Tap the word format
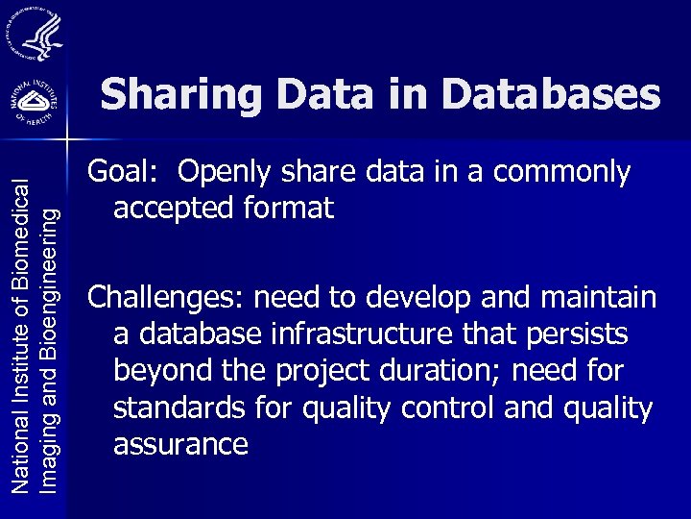[x=293, y=208]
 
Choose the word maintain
[x=599, y=298]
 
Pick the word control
[x=450, y=408]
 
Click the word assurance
[x=180, y=444]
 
